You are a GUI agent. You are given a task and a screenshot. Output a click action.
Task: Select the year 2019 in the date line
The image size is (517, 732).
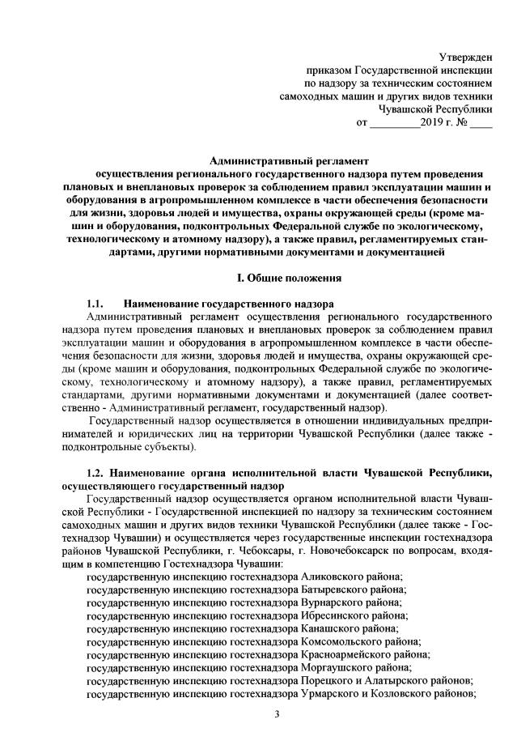click(x=434, y=124)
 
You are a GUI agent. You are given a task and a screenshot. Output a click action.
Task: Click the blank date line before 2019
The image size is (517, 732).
click(x=394, y=126)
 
